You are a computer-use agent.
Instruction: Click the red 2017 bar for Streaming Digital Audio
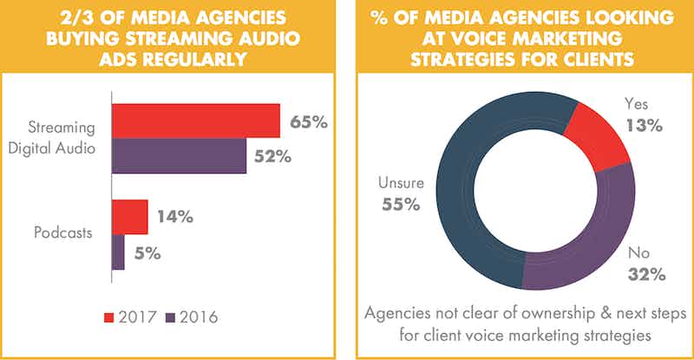coord(195,121)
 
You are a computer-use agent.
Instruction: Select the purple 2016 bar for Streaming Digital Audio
coord(179,156)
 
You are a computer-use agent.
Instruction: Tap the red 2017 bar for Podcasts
coord(129,217)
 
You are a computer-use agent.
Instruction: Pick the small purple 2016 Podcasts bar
coord(118,252)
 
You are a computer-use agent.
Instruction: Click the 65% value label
coord(308,122)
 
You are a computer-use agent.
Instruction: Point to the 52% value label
coord(274,157)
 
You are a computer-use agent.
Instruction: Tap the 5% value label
coord(147,253)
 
